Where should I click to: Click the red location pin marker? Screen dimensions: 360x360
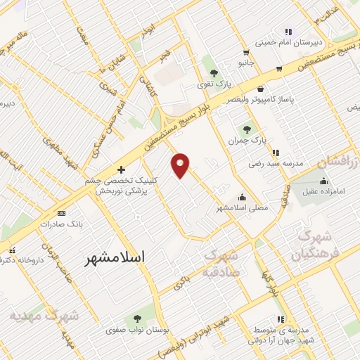click(x=181, y=165)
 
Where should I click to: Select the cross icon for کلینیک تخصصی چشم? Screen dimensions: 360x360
click(x=122, y=169)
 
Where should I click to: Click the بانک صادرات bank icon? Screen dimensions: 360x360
click(x=62, y=212)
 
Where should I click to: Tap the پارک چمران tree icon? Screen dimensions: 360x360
click(x=247, y=129)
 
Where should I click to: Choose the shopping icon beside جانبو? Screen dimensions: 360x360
click(x=245, y=52)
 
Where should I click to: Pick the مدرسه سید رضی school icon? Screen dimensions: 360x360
click(x=276, y=152)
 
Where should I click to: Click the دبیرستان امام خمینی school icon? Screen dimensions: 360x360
click(x=288, y=32)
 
